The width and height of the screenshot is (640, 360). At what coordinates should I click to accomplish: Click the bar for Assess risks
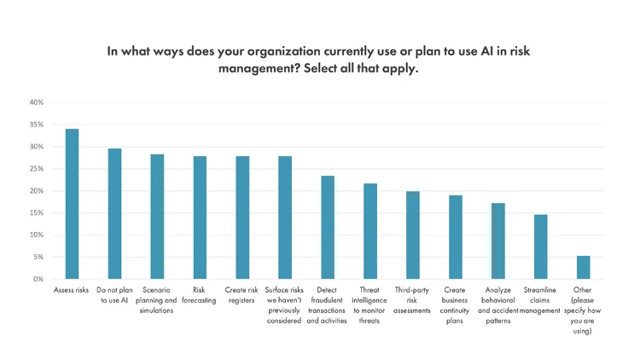coord(72,204)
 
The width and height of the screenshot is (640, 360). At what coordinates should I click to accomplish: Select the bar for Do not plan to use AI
coord(114,213)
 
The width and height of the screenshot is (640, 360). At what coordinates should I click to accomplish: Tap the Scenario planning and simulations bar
coord(157,217)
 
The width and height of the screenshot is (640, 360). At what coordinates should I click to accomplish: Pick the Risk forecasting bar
coord(200,218)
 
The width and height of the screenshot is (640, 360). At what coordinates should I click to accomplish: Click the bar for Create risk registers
coord(242,218)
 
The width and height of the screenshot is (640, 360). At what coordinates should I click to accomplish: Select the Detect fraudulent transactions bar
coord(327,227)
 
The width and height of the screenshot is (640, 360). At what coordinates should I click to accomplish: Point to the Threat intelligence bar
coord(369,231)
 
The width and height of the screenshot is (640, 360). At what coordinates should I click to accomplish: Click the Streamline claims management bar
coord(540,247)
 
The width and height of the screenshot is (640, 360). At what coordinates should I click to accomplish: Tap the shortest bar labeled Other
coord(583,267)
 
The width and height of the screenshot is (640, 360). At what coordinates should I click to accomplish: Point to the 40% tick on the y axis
coord(36,102)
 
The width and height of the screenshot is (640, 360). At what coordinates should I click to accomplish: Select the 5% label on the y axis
coord(38,257)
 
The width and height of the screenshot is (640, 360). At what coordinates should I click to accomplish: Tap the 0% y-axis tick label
coord(38,279)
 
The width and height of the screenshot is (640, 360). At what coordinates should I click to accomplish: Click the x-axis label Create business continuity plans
coord(454,305)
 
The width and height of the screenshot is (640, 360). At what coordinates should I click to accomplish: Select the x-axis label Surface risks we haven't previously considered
coord(284,305)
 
